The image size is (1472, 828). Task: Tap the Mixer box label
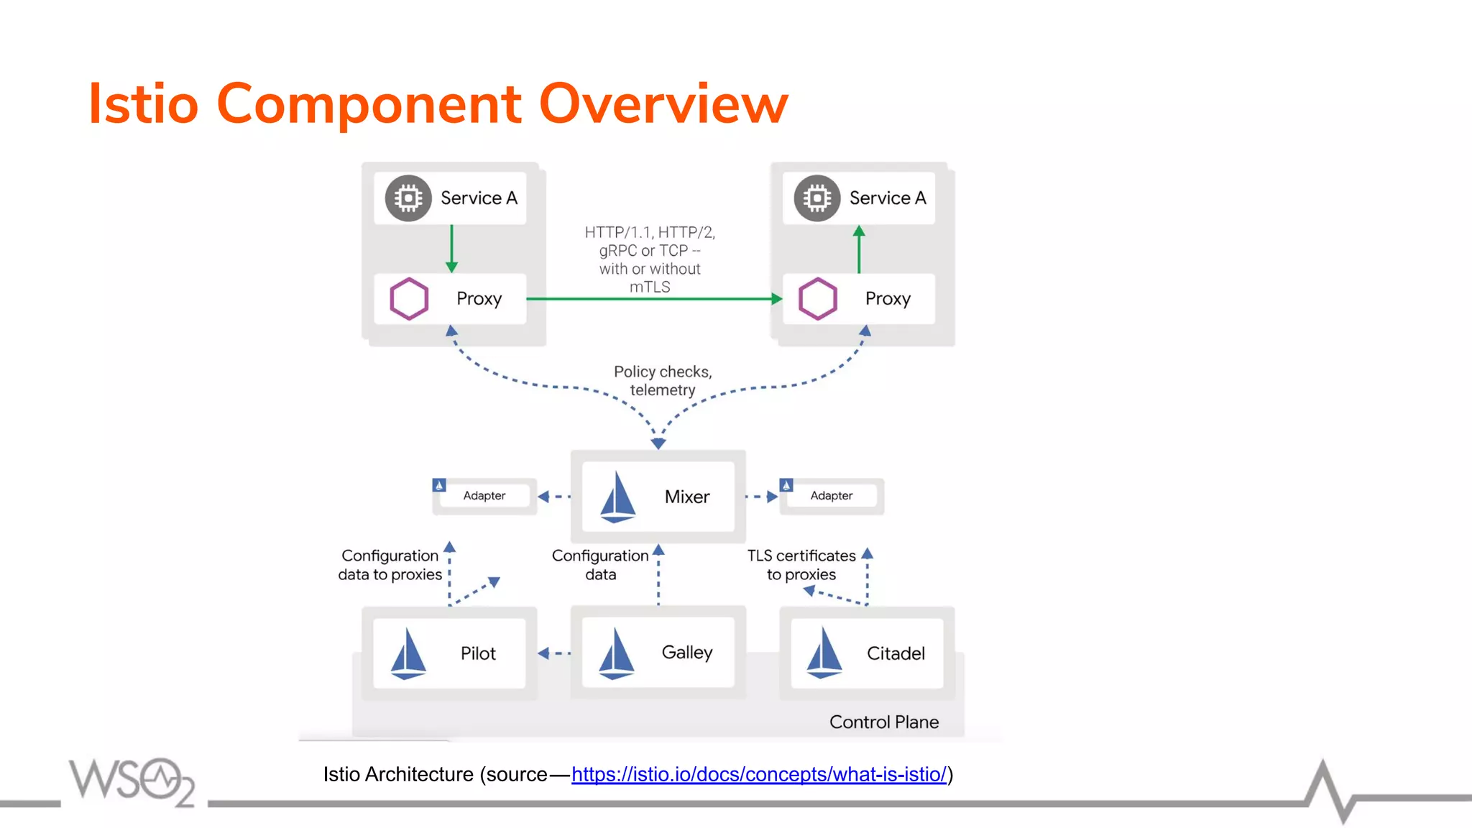[x=686, y=497]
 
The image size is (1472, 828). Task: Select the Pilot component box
[x=449, y=653]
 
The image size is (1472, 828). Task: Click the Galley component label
[x=686, y=652]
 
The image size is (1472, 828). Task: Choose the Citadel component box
[x=867, y=653]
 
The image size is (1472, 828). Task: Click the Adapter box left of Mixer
[x=484, y=496]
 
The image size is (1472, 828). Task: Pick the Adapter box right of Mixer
[x=832, y=496]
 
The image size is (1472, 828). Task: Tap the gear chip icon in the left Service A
[x=408, y=198]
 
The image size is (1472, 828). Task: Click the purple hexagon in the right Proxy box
[x=817, y=298]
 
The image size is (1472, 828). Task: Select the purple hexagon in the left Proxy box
[x=408, y=298]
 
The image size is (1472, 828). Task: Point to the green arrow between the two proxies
[x=654, y=298]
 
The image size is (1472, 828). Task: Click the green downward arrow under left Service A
[x=451, y=249]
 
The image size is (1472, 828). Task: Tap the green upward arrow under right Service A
[x=859, y=249]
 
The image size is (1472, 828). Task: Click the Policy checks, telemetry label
[x=663, y=381]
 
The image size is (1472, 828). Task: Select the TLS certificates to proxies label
[x=801, y=565]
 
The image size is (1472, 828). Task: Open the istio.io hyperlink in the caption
[x=758, y=774]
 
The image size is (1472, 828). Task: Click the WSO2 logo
[x=132, y=781]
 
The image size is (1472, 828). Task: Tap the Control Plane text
[x=883, y=722]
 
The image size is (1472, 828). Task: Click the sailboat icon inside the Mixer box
[x=617, y=497]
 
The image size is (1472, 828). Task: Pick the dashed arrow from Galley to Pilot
[x=554, y=653]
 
